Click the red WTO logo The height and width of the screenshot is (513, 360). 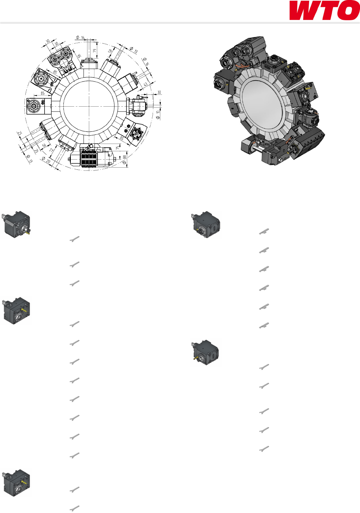(x=324, y=10)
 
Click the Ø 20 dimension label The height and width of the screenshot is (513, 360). (x=46, y=160)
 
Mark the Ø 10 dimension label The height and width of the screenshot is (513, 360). (x=158, y=115)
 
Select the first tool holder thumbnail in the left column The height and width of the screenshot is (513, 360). (x=16, y=224)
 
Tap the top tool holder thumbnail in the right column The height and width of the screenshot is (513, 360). (x=206, y=224)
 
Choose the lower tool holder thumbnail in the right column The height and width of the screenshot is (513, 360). (x=205, y=352)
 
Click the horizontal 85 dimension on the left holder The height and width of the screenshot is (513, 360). (x=43, y=93)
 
